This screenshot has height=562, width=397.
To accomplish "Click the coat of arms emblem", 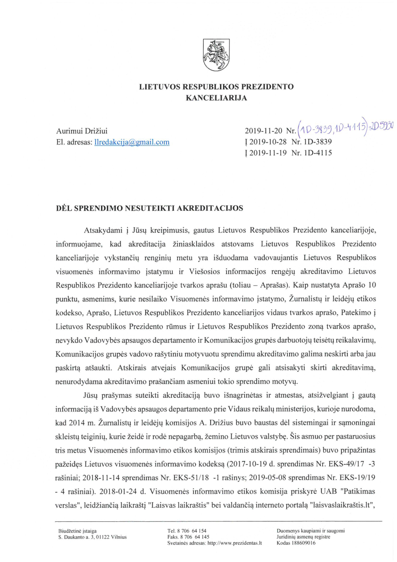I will point(216,55).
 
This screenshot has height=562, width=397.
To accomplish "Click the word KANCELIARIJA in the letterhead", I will point(216,98).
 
